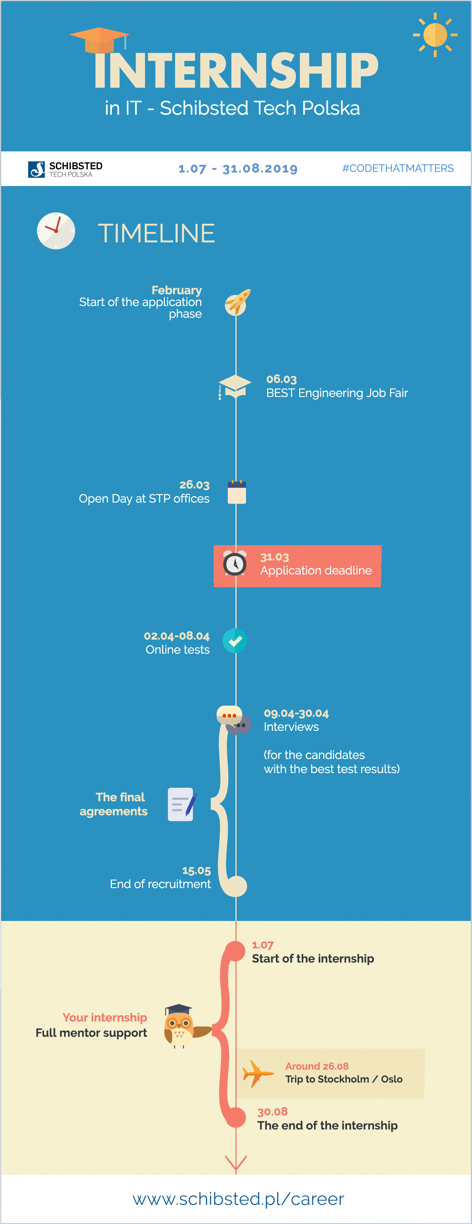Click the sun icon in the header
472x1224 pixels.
click(x=435, y=35)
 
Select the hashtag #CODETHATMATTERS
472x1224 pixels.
click(x=398, y=168)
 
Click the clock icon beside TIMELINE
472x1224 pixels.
click(x=56, y=231)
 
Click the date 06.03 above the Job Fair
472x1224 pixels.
click(x=281, y=379)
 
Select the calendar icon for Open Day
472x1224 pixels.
click(x=237, y=492)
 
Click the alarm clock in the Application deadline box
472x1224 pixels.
click(x=235, y=564)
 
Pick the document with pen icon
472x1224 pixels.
click(x=182, y=804)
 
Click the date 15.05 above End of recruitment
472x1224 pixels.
click(x=196, y=870)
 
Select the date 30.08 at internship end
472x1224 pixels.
click(x=272, y=1111)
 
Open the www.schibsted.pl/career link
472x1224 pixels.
click(x=238, y=1198)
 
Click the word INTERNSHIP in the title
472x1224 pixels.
click(x=236, y=70)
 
